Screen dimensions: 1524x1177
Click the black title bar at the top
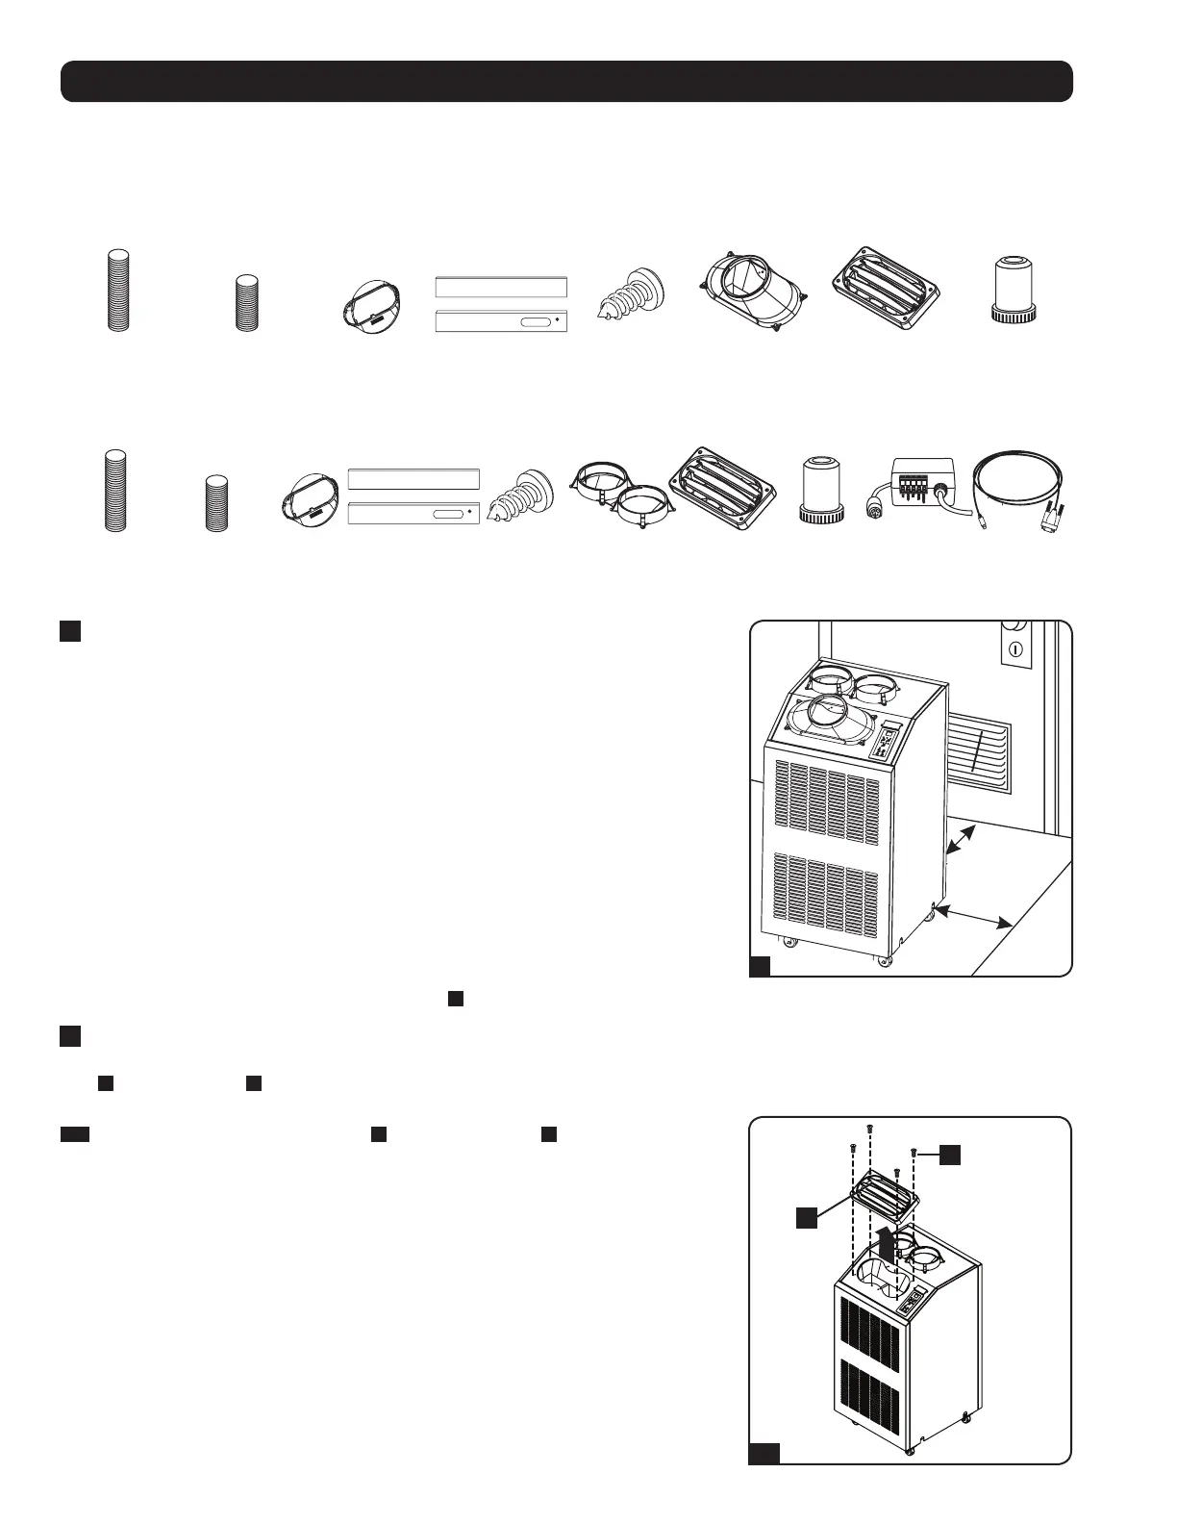click(x=566, y=82)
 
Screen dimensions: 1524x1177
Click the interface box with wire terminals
click(x=922, y=478)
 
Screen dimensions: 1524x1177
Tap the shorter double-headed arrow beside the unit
click(x=963, y=840)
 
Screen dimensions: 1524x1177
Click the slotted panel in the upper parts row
click(x=500, y=321)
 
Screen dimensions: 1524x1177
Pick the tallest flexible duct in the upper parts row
click(x=117, y=290)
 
